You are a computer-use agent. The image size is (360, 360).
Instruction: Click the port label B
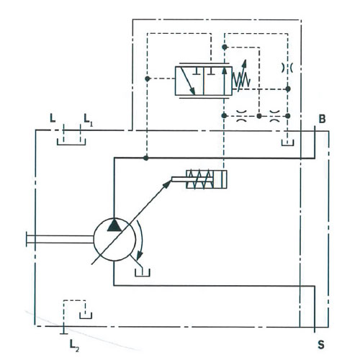(322, 119)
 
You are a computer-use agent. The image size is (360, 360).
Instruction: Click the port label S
(321, 345)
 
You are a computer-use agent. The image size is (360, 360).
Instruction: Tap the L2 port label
(74, 346)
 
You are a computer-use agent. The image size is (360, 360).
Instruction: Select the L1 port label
(88, 120)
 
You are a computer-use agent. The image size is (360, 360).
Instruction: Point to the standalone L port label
(53, 118)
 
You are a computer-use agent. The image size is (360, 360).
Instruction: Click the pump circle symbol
(114, 240)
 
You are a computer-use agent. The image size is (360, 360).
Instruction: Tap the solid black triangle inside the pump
(114, 225)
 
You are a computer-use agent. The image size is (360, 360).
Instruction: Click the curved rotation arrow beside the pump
(141, 240)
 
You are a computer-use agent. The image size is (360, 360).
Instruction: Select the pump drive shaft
(60, 239)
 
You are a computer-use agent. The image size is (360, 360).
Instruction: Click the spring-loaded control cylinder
(207, 179)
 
